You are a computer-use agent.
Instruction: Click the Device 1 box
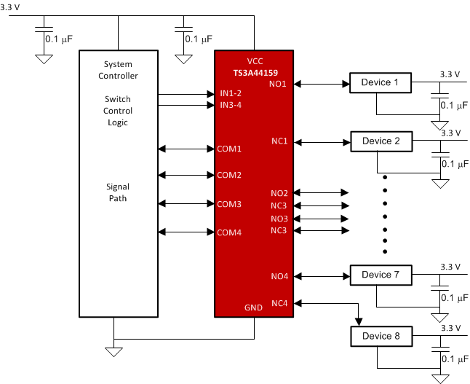tap(381, 83)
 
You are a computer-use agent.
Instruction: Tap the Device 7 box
tap(381, 275)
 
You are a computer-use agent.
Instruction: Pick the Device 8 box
tap(381, 337)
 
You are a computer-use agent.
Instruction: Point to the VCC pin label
tap(255, 62)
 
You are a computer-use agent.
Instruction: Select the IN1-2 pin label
tap(231, 94)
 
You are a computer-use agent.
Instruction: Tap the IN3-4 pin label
tap(231, 106)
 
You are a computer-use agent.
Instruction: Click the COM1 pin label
tap(229, 149)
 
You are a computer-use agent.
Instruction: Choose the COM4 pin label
tap(229, 232)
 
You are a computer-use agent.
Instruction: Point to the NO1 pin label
tap(279, 85)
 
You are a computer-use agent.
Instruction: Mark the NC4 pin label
tap(279, 302)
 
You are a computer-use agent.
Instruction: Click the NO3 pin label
tap(279, 219)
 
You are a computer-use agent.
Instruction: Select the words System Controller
tap(118, 70)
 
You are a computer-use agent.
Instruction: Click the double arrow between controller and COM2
tap(186, 175)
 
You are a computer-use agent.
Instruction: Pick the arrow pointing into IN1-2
tap(186, 94)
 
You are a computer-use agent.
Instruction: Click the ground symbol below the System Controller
tap(114, 351)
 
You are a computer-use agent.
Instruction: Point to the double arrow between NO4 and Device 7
tap(320, 276)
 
